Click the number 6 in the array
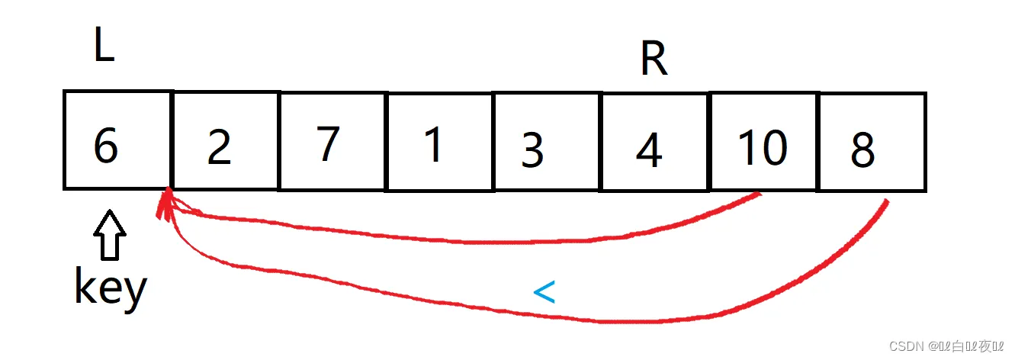click(106, 144)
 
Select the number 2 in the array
click(219, 147)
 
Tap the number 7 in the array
click(327, 143)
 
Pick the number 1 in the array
click(433, 143)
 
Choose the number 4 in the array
click(649, 149)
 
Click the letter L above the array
click(104, 47)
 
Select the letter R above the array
click(654, 59)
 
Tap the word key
click(110, 288)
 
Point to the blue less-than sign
click(543, 292)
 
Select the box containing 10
click(763, 142)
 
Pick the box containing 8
click(872, 142)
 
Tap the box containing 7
click(332, 141)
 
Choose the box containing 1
click(440, 141)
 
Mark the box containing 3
click(547, 141)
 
